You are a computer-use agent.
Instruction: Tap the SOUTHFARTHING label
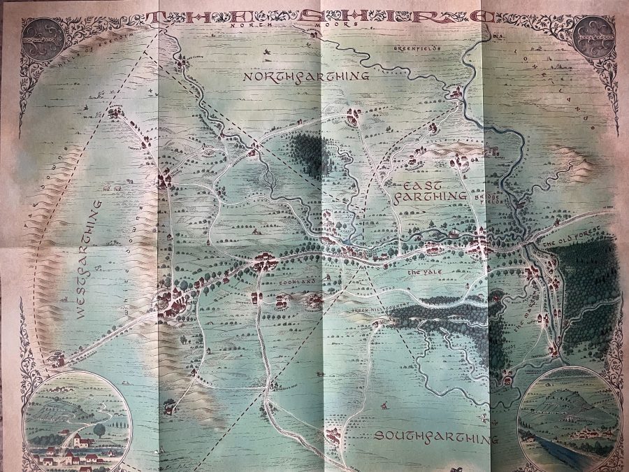(x=435, y=437)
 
